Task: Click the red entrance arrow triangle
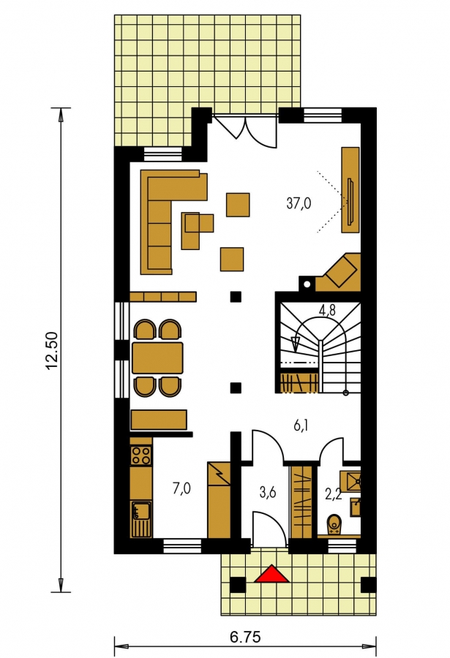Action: [x=272, y=575]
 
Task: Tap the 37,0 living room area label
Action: [x=299, y=203]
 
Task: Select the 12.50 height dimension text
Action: [x=52, y=351]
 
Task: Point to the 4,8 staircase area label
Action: [x=327, y=311]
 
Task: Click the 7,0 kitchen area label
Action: [x=181, y=488]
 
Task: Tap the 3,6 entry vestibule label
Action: [x=267, y=492]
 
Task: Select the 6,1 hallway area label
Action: [x=301, y=426]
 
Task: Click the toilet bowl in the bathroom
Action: [x=334, y=524]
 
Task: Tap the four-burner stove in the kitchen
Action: [x=141, y=455]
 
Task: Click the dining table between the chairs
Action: [x=157, y=358]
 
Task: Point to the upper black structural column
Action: [x=236, y=297]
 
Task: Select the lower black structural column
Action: [x=236, y=387]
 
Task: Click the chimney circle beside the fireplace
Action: [x=307, y=284]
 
